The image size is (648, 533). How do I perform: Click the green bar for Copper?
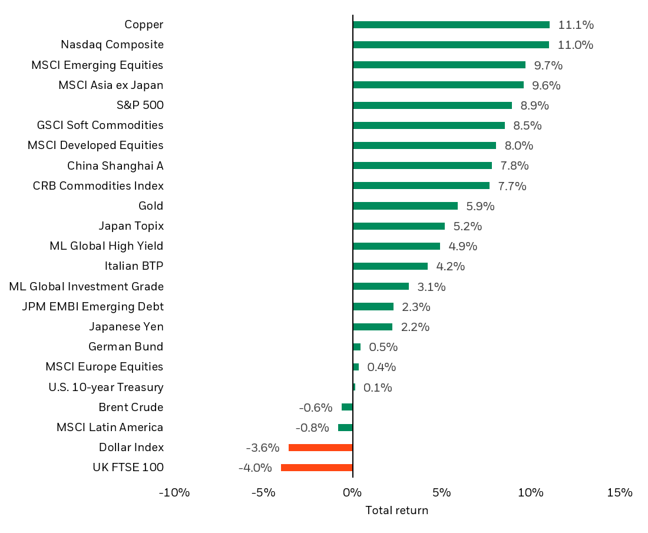coord(451,25)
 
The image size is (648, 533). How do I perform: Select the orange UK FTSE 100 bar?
coord(316,468)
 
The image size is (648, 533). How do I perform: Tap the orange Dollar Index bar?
coord(320,448)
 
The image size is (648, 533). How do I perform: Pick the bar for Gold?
coord(405,206)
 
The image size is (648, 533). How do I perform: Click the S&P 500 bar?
coord(432,105)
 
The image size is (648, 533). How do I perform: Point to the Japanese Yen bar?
coord(372,327)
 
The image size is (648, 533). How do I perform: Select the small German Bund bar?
coord(356,347)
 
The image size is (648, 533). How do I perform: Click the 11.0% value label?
coord(575,45)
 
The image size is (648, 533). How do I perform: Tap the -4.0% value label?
coord(255,468)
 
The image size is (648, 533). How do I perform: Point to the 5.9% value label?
coord(480,206)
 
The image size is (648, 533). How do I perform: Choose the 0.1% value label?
coord(378,388)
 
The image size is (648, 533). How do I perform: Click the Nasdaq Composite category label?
coord(112,45)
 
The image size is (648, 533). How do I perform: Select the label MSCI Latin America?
coord(110,428)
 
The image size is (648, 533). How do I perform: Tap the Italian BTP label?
coord(134,266)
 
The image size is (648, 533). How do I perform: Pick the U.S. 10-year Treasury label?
coord(106,388)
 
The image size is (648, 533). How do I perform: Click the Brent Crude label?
coord(131,408)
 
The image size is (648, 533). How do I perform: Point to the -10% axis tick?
coord(174,492)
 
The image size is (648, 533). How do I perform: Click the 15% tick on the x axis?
coord(619,492)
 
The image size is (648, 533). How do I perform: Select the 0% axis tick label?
coord(352,492)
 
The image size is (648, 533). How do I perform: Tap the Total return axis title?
coord(396,511)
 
